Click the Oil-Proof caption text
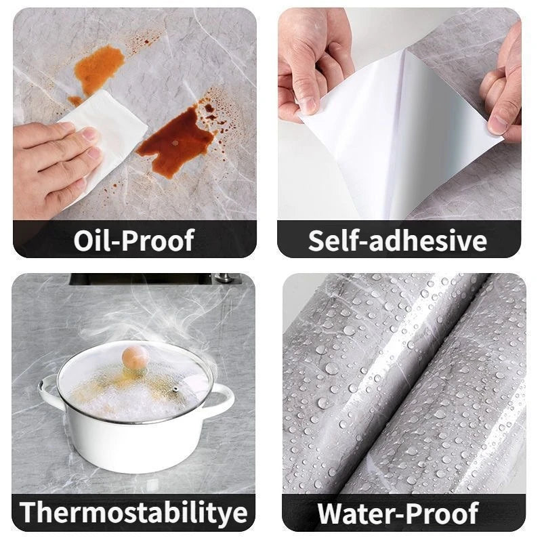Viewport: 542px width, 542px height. tap(133, 241)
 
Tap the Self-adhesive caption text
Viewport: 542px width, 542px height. tap(398, 241)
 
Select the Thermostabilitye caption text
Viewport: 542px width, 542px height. tap(133, 513)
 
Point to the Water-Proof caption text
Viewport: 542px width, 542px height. tap(398, 513)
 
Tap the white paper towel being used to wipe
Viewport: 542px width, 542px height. tap(108, 135)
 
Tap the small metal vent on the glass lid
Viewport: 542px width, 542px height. tap(175, 390)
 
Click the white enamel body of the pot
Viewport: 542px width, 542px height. tap(135, 444)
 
